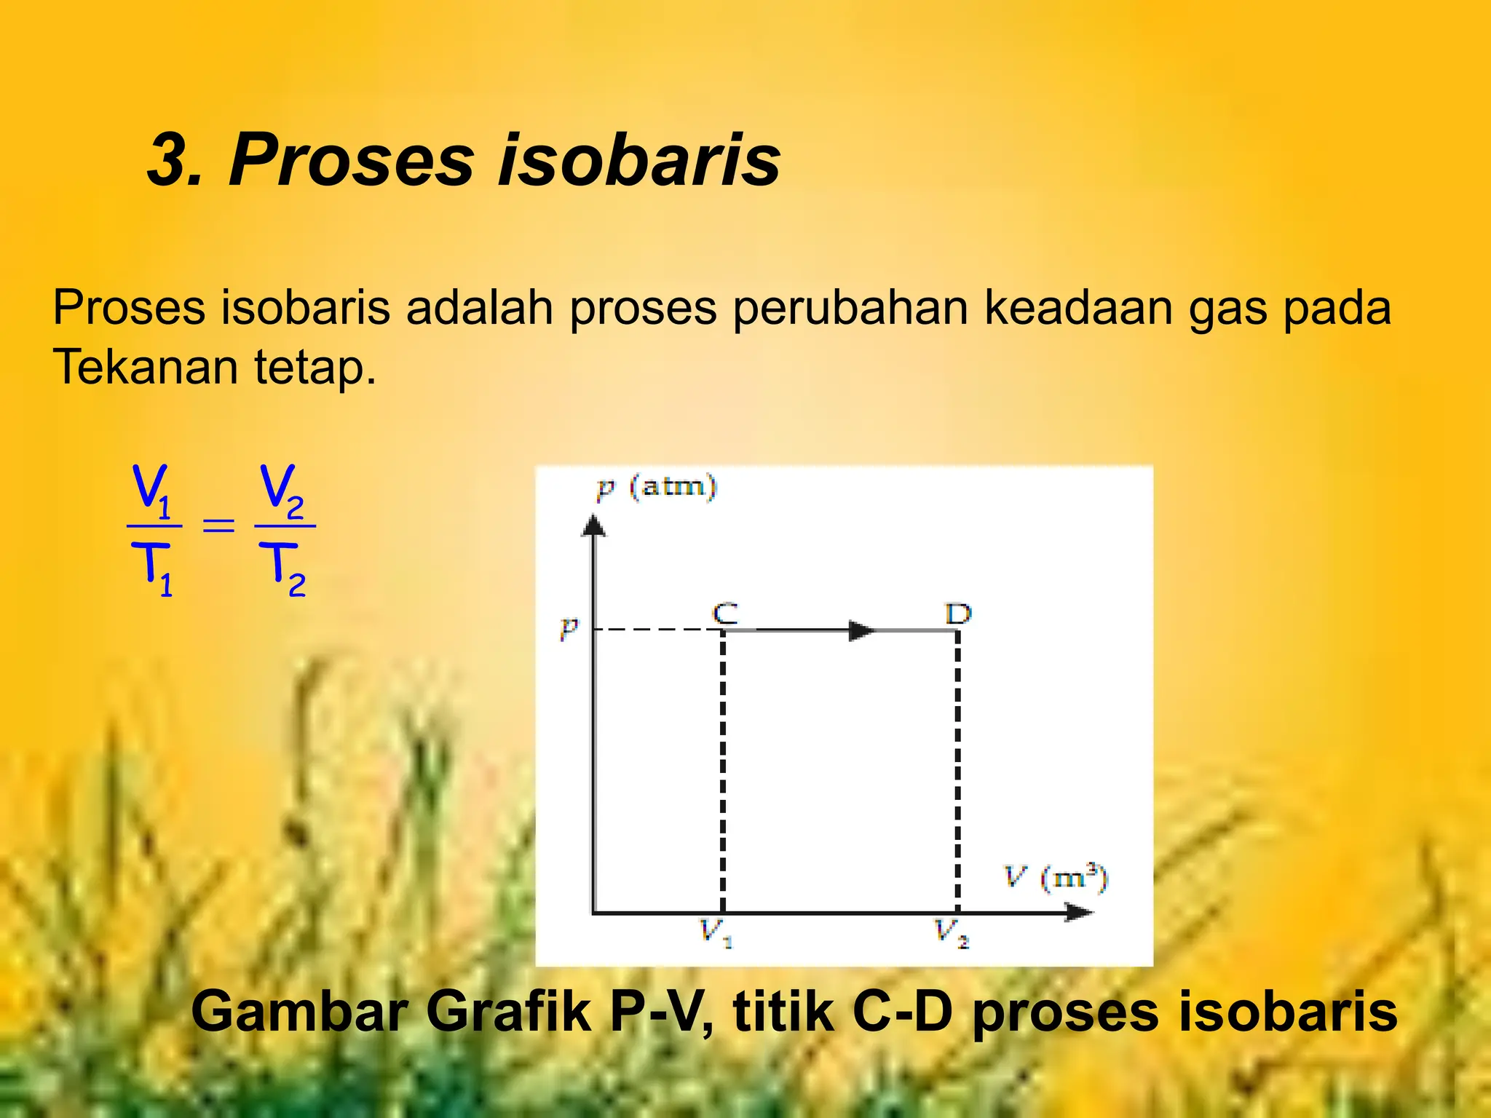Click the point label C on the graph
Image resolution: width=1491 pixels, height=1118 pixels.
coord(724,614)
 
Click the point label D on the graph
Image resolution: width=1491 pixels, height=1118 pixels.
coord(958,614)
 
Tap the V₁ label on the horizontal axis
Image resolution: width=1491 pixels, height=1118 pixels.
coord(715,932)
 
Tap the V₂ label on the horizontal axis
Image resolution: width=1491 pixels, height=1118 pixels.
coord(951,932)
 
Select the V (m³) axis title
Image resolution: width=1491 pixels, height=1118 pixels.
coord(1056,877)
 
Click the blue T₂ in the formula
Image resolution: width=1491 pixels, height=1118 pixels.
coord(284,569)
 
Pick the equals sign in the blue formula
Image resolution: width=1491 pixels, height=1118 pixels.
coord(218,525)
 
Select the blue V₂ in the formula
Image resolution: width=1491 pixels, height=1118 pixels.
coord(282,489)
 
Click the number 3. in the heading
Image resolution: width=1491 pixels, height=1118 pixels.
coord(174,160)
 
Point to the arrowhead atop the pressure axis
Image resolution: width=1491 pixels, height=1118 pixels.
coord(593,525)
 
